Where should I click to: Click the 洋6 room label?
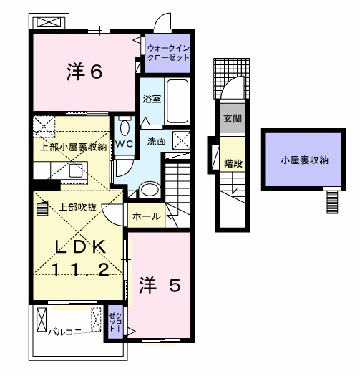pos(85,71)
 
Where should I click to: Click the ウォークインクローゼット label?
pos(168,52)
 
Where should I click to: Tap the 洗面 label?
pos(157,142)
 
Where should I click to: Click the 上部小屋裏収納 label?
pos(72,147)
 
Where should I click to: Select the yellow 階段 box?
pos(233,163)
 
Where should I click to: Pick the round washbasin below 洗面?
pos(150,189)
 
